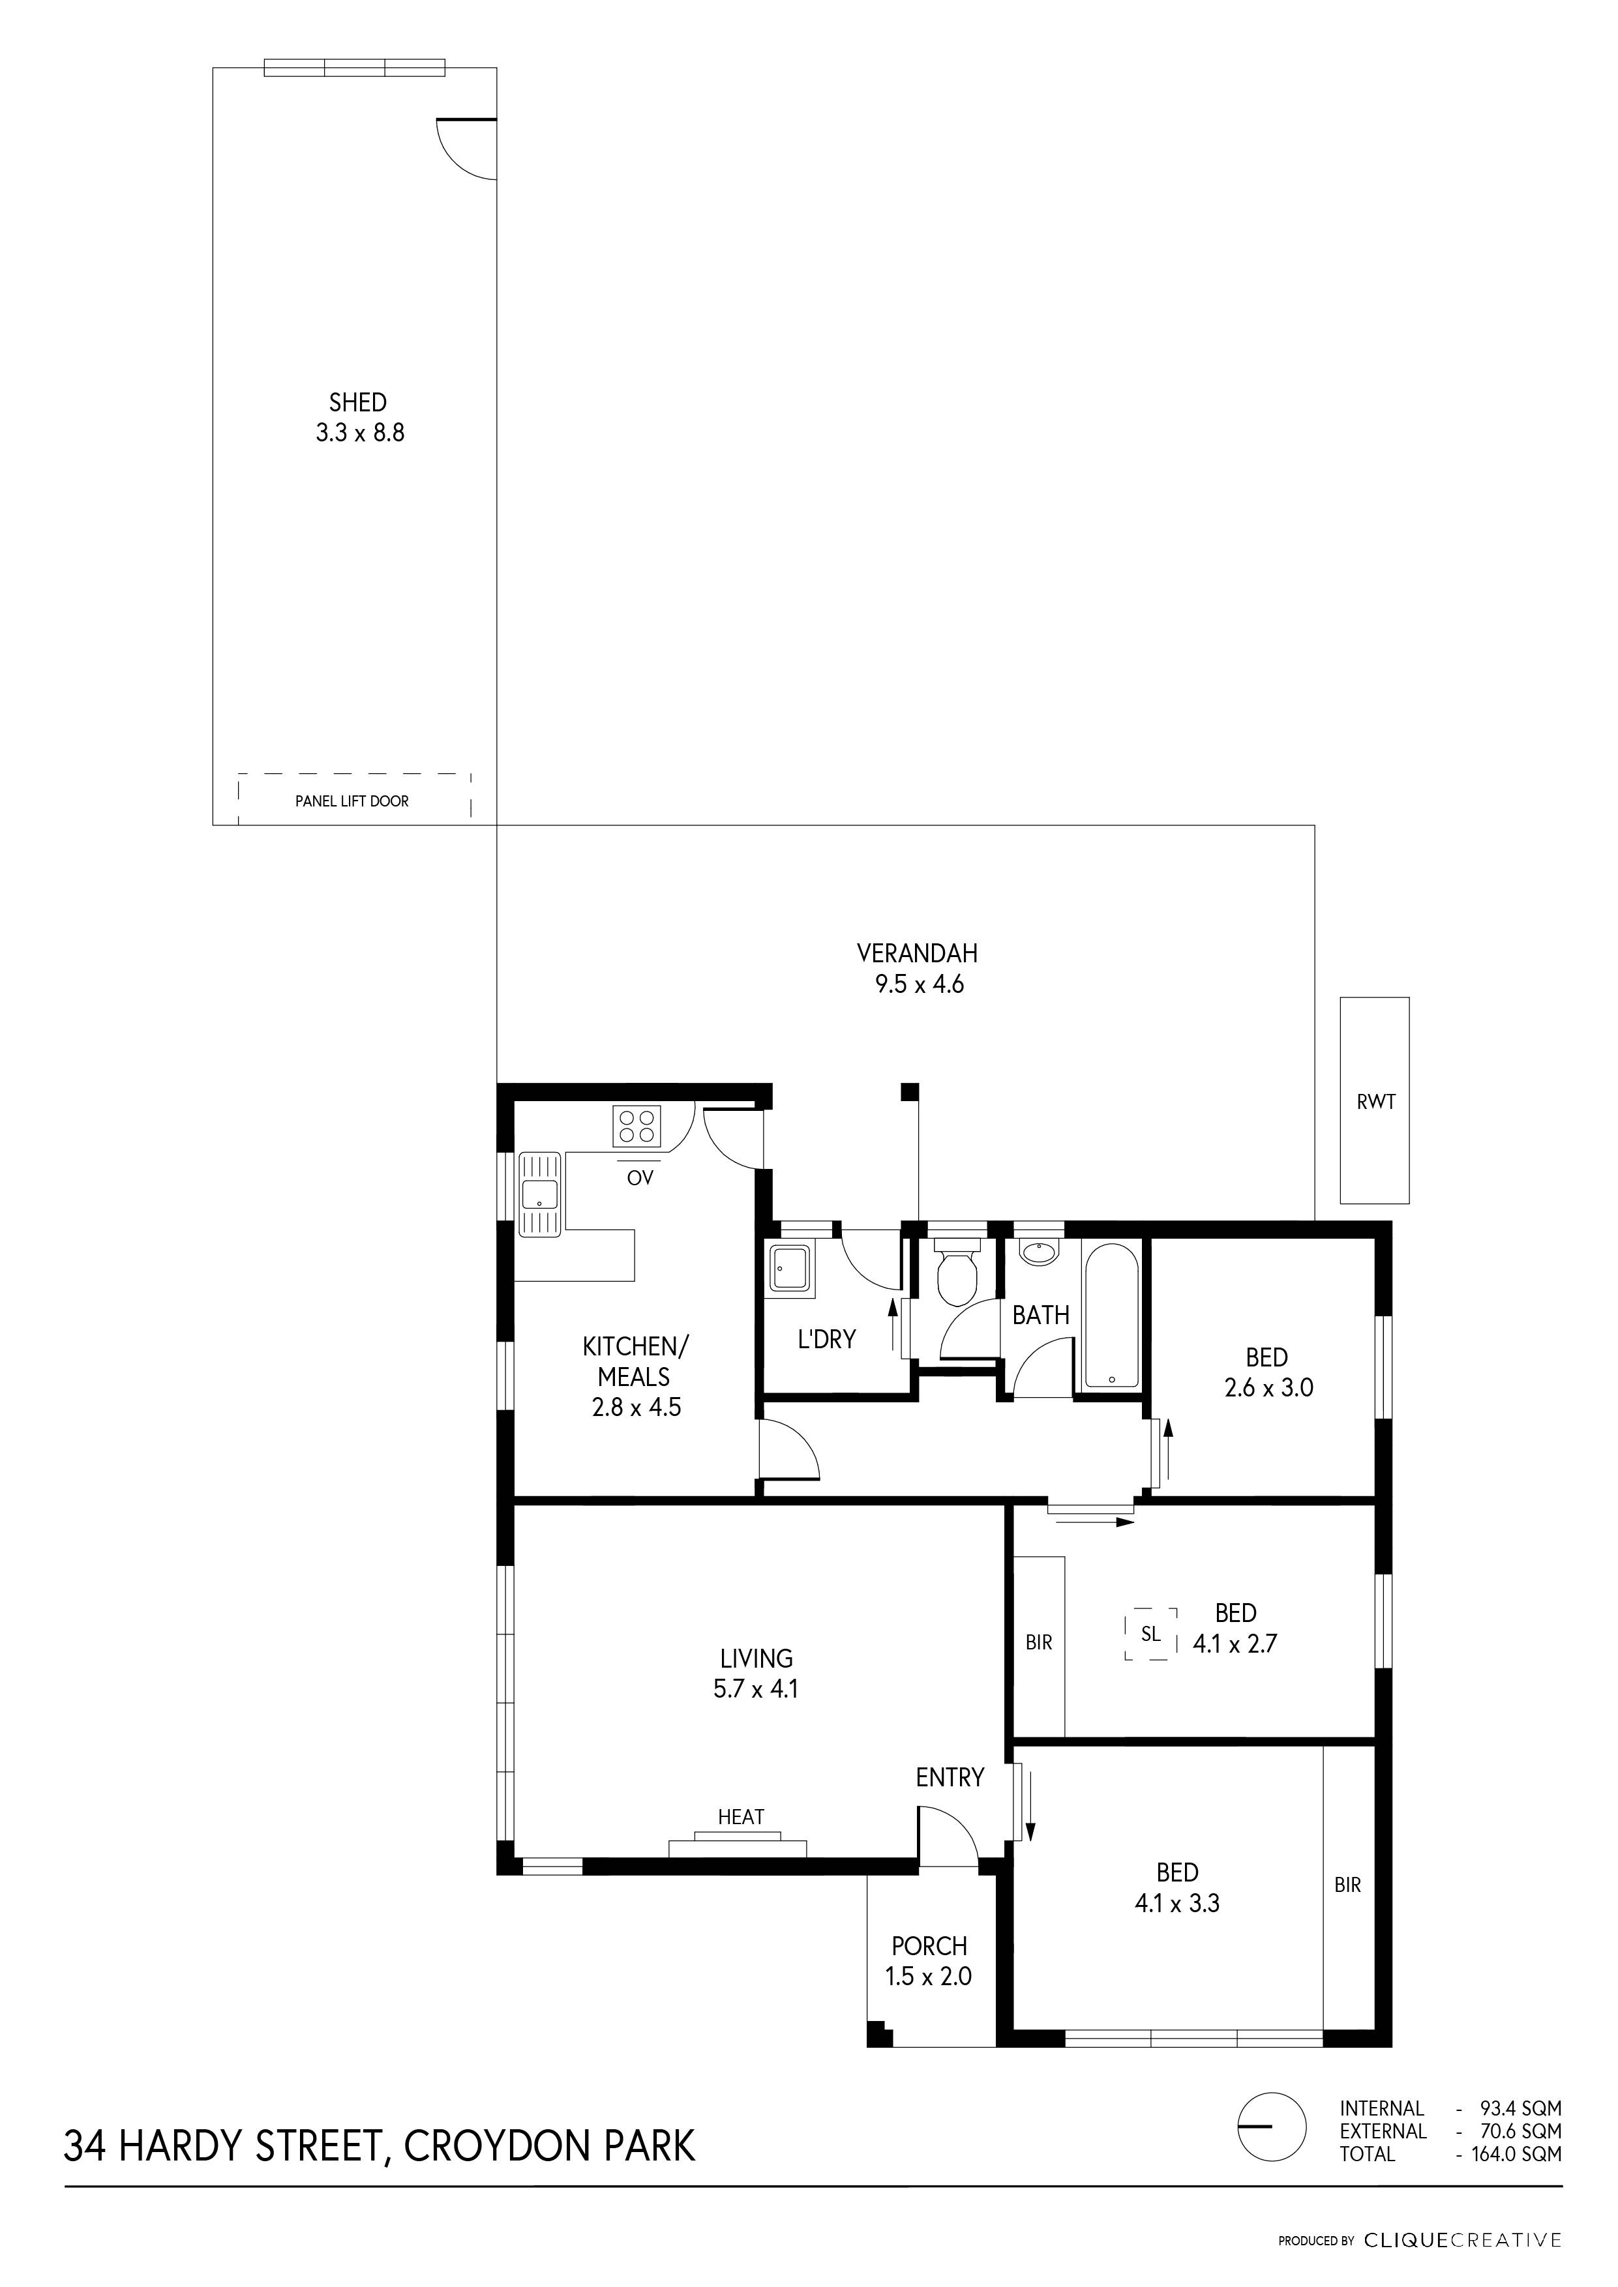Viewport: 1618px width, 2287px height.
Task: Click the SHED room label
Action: [x=357, y=402]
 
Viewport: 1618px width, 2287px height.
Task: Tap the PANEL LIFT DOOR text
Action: [x=352, y=801]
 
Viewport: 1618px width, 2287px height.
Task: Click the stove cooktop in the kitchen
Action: [x=638, y=1125]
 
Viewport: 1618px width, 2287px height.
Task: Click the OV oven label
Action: [x=640, y=1177]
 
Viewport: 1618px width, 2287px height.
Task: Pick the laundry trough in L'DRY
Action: [x=791, y=1269]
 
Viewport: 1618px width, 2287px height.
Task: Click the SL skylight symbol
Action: [x=1151, y=1634]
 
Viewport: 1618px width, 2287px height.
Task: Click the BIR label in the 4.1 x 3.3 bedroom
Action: [x=1347, y=1885]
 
